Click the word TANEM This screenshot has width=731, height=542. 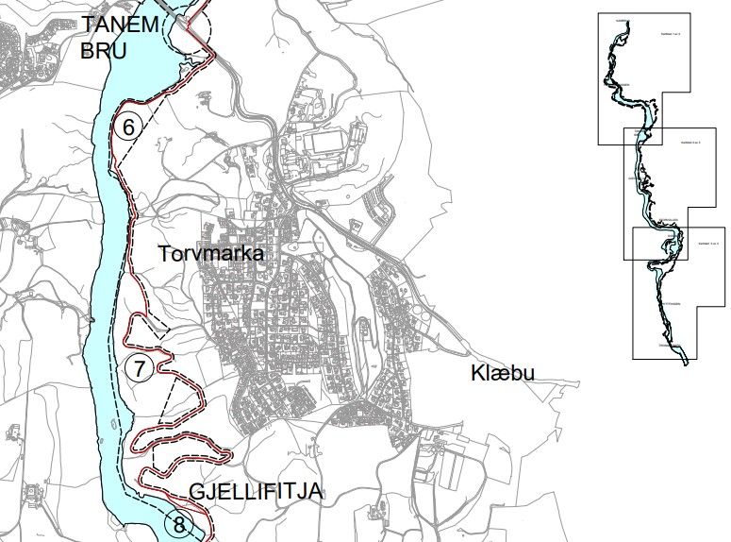(119, 24)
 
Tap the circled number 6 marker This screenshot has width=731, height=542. (130, 126)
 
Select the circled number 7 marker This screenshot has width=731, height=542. (139, 368)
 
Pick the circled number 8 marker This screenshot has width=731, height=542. (177, 522)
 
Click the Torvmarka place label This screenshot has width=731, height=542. (210, 254)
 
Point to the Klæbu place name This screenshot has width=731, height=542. (502, 374)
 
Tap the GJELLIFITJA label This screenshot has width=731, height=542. (256, 492)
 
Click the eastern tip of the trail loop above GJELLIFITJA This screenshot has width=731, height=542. (230, 456)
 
